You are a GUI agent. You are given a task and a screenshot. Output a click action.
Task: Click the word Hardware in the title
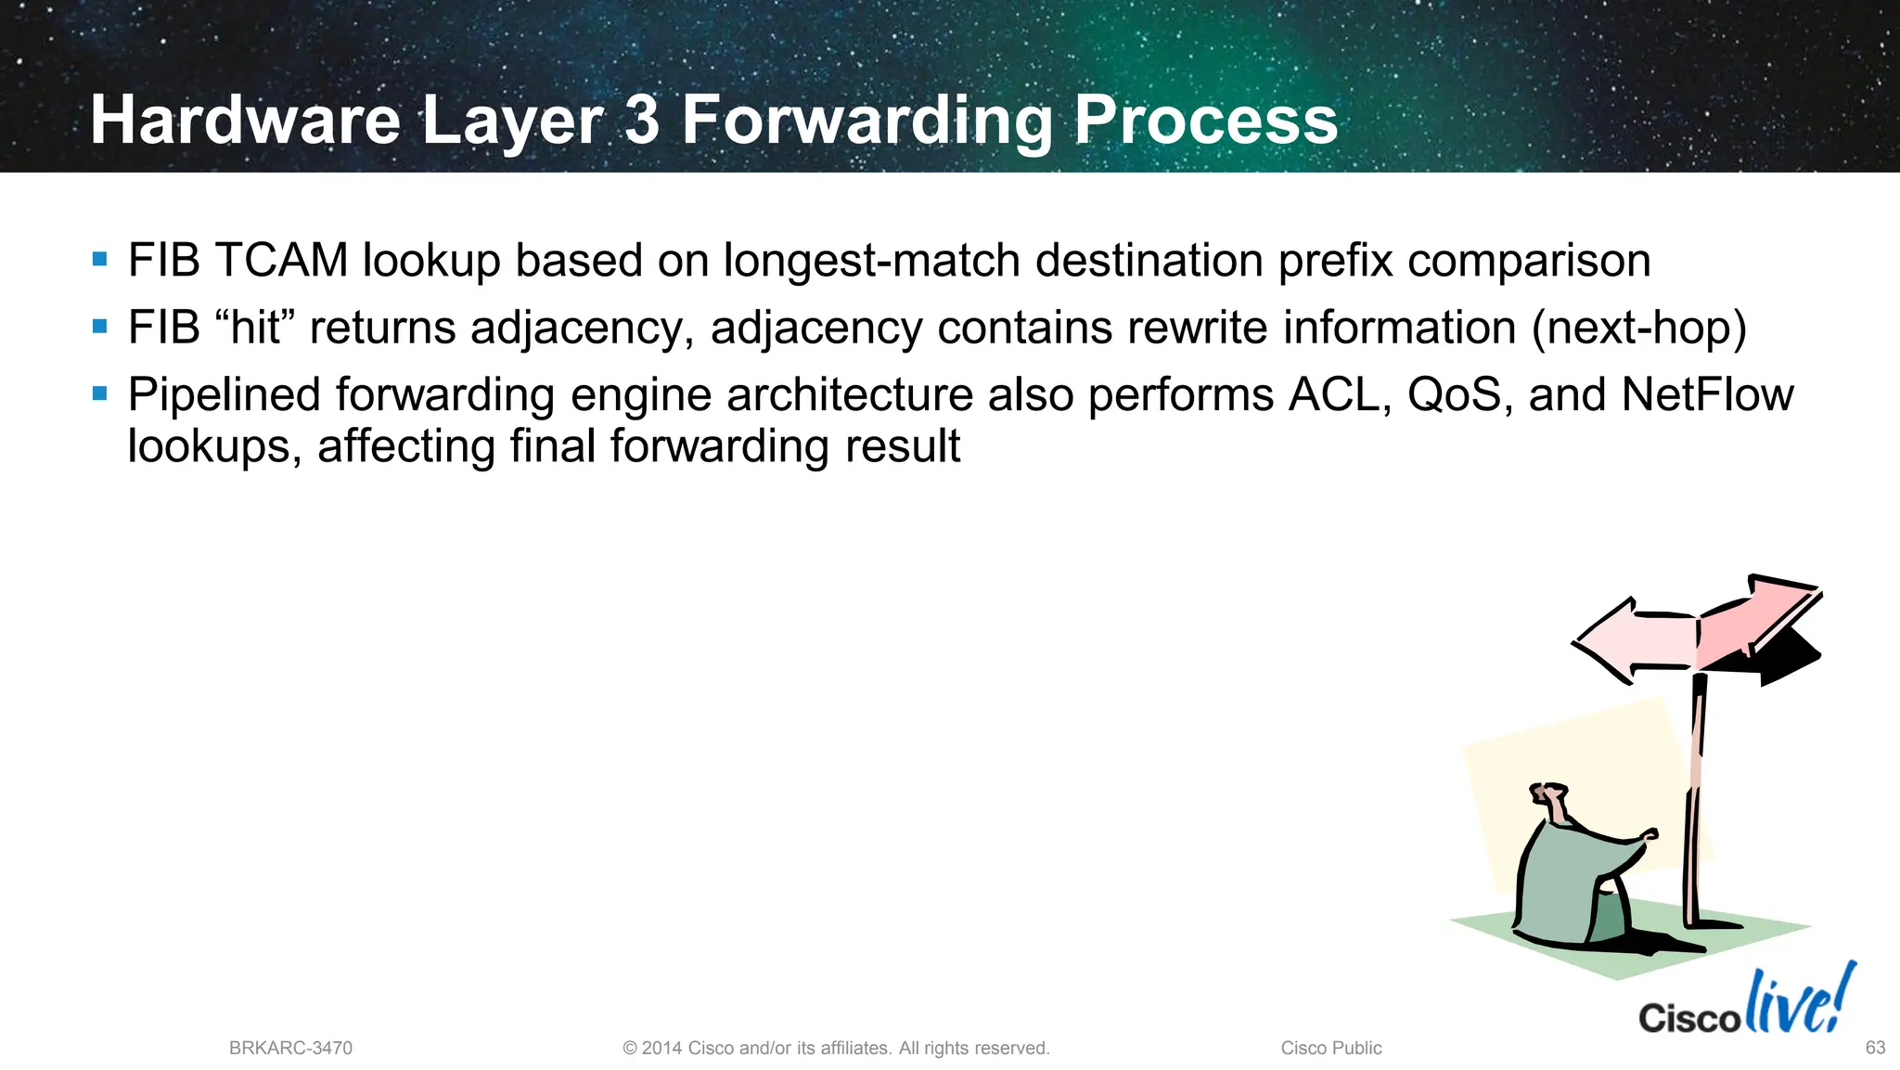(244, 121)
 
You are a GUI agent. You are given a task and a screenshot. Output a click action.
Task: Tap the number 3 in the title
(642, 121)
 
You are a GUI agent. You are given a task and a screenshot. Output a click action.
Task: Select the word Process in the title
(1205, 121)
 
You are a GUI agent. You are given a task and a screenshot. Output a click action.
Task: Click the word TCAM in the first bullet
(281, 260)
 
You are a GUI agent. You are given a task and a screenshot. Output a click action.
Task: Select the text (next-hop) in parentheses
(1638, 328)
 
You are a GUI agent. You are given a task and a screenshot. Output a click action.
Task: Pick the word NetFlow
(1707, 394)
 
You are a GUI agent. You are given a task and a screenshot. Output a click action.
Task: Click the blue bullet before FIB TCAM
(100, 259)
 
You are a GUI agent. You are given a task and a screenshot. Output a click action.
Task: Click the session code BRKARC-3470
(290, 1048)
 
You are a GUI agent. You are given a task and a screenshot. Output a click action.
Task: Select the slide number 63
(1875, 1048)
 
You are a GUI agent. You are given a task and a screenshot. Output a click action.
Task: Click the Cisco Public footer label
(1330, 1048)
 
